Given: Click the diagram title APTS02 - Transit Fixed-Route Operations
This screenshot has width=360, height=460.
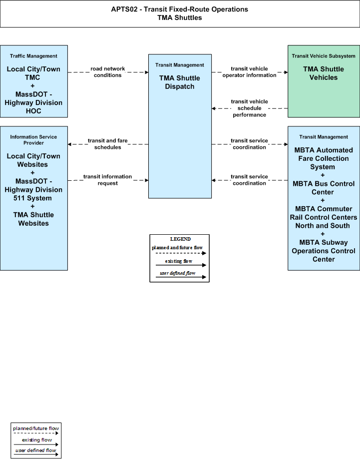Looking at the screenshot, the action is click(x=179, y=9).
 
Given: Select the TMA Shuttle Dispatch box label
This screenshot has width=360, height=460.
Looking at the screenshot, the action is click(x=180, y=82).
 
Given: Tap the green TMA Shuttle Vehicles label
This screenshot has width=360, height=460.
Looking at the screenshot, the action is click(x=324, y=73).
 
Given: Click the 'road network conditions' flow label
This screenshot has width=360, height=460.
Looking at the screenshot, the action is click(x=107, y=72).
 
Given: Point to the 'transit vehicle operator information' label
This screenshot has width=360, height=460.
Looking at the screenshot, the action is click(x=249, y=72).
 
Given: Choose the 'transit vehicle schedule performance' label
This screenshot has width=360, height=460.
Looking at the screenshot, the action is click(x=249, y=108).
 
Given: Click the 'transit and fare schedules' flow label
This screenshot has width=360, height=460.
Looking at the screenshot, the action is click(x=107, y=144).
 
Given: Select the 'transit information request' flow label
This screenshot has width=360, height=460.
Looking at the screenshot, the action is click(x=107, y=180).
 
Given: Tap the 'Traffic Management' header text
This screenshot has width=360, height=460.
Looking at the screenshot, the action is click(x=34, y=56).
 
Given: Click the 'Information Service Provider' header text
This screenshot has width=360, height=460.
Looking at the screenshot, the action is click(x=34, y=140).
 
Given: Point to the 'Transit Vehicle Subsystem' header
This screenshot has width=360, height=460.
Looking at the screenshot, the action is click(x=324, y=56).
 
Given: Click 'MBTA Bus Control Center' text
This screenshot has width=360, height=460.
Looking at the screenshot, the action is click(x=324, y=188).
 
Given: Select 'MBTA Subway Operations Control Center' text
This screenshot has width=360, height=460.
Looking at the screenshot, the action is click(x=324, y=251).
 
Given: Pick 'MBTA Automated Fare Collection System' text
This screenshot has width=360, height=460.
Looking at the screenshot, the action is click(x=324, y=158).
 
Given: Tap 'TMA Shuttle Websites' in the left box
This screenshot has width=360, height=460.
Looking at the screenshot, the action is click(x=34, y=219).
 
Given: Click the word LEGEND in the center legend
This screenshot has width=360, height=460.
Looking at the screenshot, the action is click(x=180, y=239).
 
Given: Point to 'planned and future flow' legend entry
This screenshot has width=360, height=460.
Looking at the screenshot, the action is click(x=177, y=248).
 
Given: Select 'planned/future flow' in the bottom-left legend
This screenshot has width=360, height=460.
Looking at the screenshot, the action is click(x=36, y=429).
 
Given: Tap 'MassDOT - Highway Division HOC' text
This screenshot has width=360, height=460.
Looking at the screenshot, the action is click(x=34, y=103).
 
